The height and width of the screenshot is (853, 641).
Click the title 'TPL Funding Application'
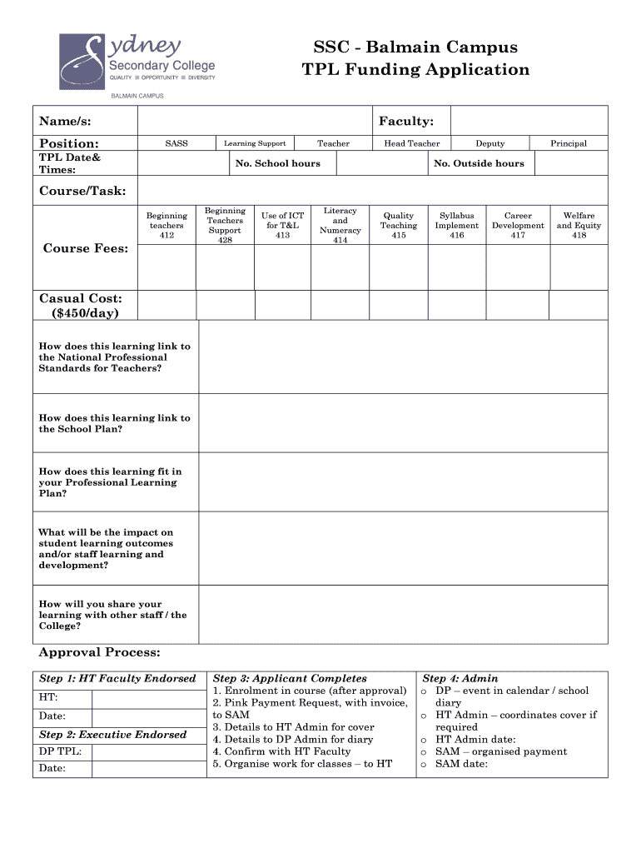tap(415, 69)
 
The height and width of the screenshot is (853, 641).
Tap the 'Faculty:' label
tap(405, 122)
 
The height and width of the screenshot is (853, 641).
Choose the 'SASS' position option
tap(176, 143)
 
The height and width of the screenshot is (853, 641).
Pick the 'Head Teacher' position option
tap(411, 143)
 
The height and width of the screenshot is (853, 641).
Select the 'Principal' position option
tap(568, 143)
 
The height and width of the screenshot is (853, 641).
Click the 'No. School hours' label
tap(277, 163)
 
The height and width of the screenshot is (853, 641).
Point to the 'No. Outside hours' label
tap(479, 163)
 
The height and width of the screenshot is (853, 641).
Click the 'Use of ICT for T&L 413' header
tap(282, 225)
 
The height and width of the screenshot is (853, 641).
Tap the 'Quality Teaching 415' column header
tap(399, 225)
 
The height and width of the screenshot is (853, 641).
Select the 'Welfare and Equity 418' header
tap(579, 225)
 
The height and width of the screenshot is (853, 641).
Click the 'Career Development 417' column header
tap(518, 225)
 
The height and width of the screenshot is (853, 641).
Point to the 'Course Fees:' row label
tap(86, 248)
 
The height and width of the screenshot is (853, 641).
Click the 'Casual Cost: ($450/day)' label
tap(81, 305)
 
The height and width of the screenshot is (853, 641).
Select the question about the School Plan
tap(114, 423)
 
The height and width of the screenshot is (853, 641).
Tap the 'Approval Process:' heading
tap(100, 652)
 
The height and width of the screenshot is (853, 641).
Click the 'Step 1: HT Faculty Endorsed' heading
tap(117, 678)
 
